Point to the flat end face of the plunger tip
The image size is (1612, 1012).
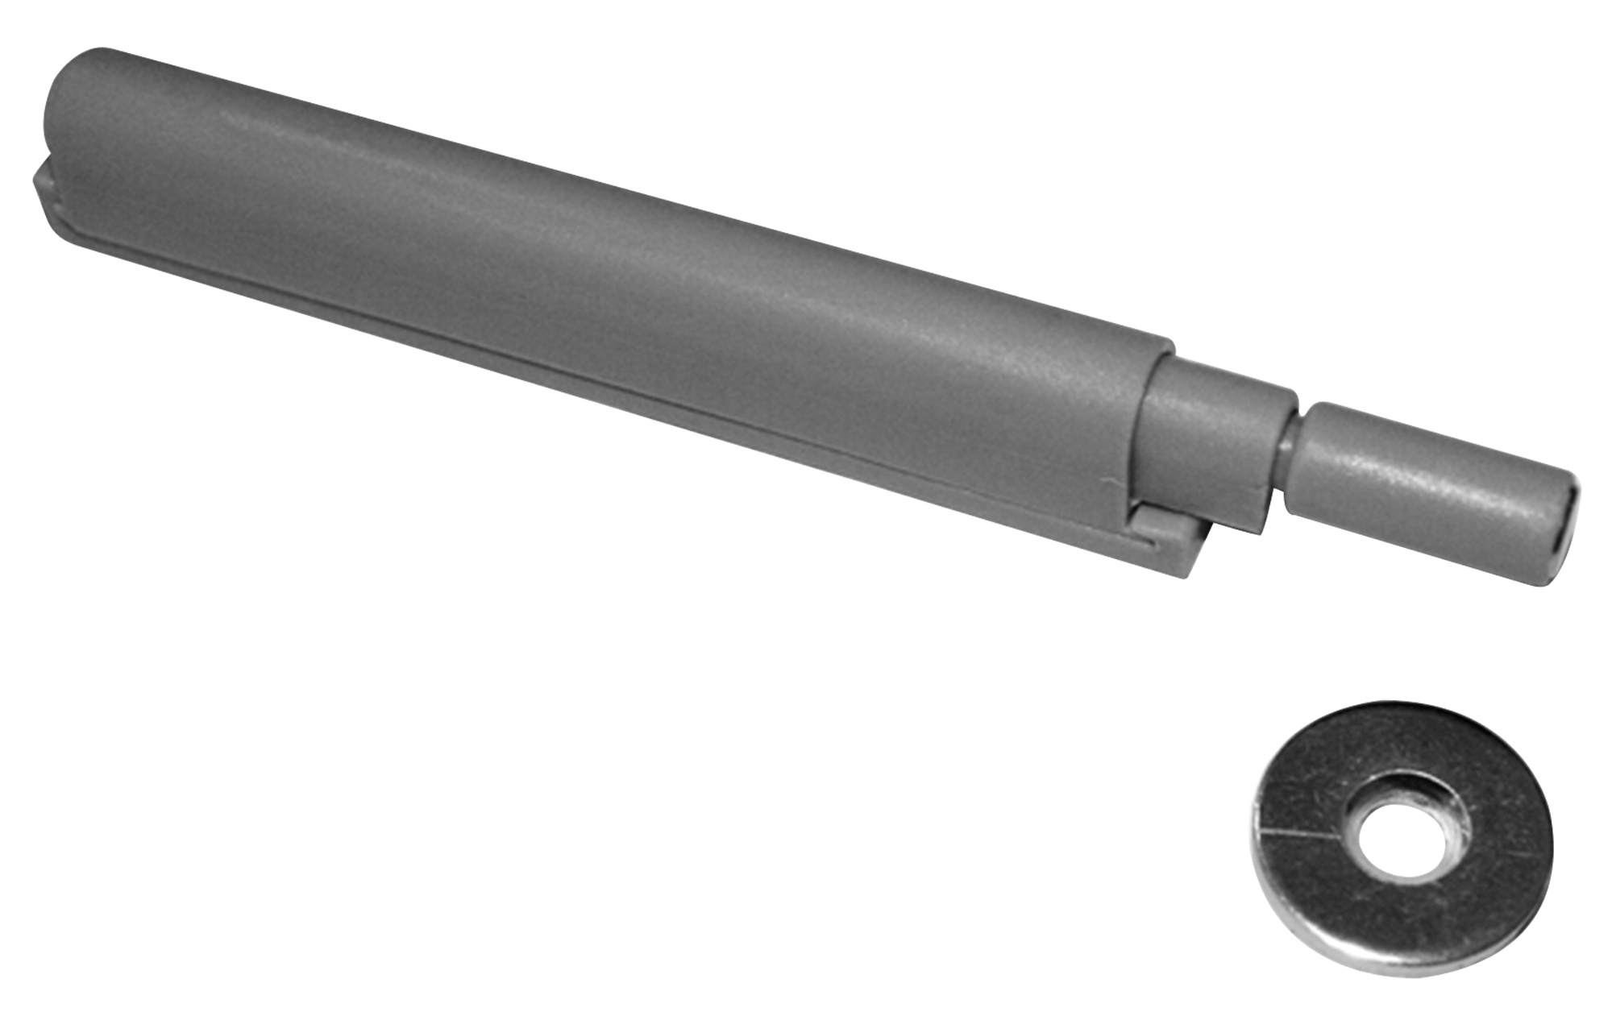[1560, 536]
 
